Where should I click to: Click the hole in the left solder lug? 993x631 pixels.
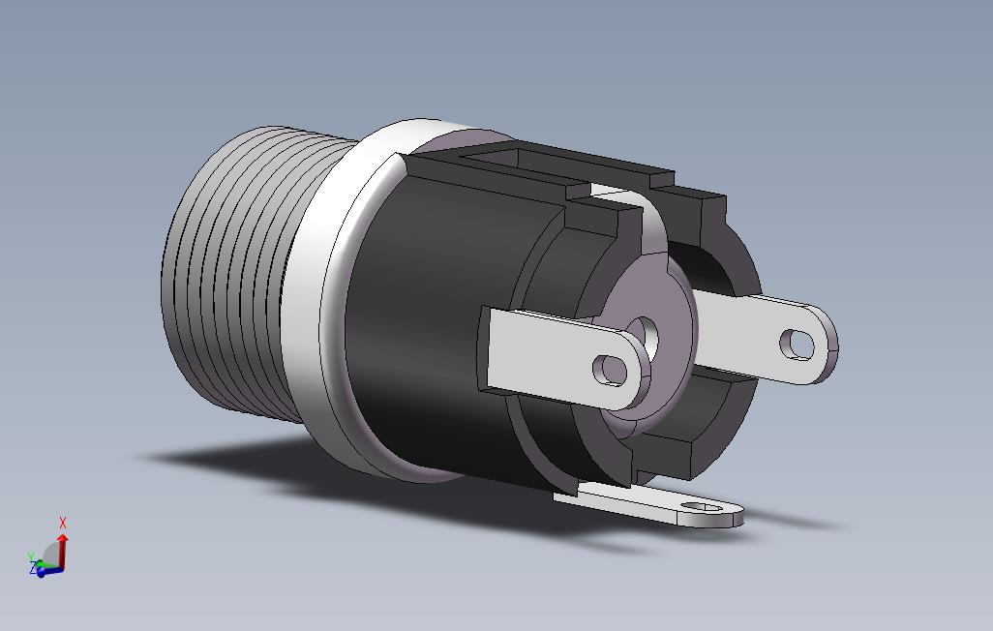click(610, 370)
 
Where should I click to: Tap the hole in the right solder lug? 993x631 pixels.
click(797, 344)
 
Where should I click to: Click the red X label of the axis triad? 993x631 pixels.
click(63, 523)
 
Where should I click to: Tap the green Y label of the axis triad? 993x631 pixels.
click(31, 556)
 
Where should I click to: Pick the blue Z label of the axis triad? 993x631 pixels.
click(33, 568)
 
